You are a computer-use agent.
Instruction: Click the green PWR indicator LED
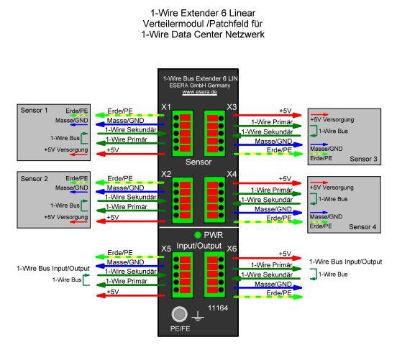coord(198,235)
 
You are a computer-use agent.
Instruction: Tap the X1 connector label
coord(166,107)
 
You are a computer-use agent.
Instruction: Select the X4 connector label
coord(232,174)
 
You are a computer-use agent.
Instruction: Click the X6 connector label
coord(232,249)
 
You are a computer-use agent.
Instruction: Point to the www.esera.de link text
coord(200,92)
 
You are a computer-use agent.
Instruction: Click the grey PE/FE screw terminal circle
coord(180,315)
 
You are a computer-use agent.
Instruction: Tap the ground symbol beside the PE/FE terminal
coord(198,316)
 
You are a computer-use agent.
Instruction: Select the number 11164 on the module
coord(218,308)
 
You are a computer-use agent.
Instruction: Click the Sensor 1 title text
coord(35,111)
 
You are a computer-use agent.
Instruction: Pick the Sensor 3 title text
coord(363,159)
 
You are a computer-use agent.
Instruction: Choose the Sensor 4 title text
coord(362,227)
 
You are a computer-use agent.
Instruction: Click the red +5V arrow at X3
coord(267,116)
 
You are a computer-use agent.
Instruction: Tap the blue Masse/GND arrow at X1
coord(130,124)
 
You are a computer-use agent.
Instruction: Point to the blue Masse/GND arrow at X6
coord(268,287)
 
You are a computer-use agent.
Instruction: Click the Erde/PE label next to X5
coord(120,253)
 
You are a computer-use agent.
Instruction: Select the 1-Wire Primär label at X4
coord(272,190)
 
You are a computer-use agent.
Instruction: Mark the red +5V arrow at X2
coord(131,221)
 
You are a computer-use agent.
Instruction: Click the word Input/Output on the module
coord(199,246)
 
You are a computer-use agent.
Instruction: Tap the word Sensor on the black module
coord(198,162)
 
